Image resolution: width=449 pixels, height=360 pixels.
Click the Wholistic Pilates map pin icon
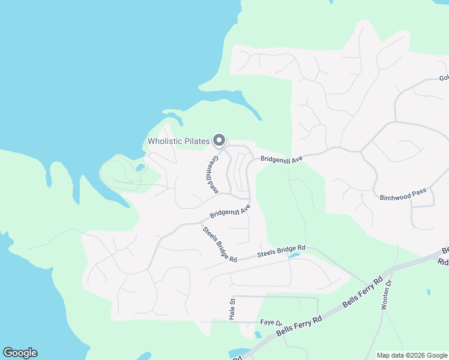tap(219, 140)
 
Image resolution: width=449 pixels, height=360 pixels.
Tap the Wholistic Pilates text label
tap(179, 142)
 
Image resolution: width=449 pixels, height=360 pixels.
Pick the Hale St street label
tap(232, 308)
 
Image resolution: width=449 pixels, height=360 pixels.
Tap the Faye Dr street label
tap(271, 323)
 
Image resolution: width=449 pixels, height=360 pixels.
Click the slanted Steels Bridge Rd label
tap(219, 243)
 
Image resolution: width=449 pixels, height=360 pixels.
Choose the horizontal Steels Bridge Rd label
tap(282, 251)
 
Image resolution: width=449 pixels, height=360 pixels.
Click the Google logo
tap(20, 353)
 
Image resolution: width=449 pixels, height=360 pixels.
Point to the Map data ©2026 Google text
tap(411, 355)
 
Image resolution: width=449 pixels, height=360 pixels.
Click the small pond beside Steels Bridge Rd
tap(294, 255)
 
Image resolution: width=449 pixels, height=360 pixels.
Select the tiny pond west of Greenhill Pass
tap(140, 168)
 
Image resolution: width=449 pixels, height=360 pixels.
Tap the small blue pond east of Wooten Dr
tap(429, 292)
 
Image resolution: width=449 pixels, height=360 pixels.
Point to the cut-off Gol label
tap(444, 78)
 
